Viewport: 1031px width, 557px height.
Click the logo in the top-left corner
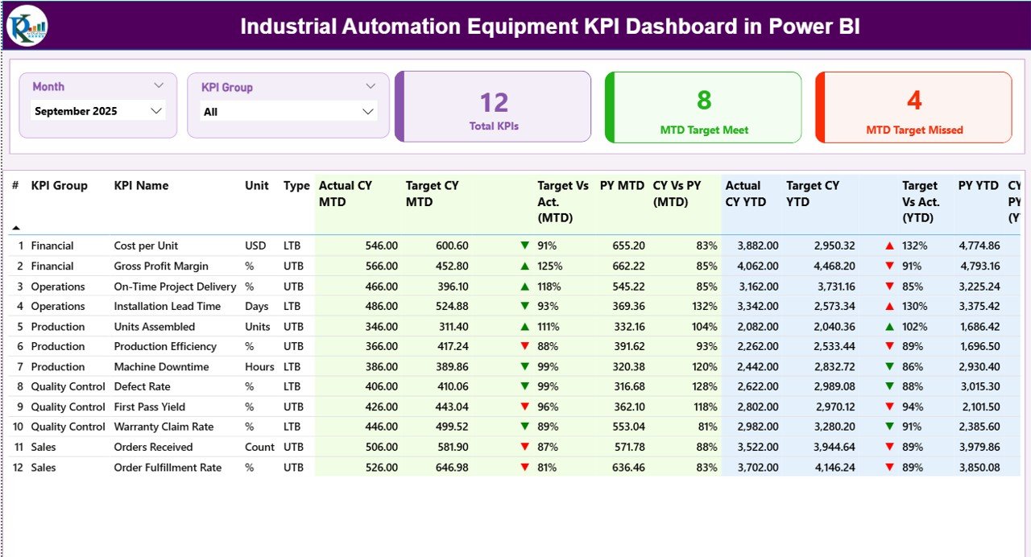click(27, 26)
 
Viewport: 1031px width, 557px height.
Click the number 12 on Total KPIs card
click(494, 102)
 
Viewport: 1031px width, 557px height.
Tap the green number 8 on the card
click(704, 100)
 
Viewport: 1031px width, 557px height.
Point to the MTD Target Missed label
click(914, 130)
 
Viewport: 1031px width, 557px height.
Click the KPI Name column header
click(141, 185)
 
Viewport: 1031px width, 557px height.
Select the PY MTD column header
click(622, 185)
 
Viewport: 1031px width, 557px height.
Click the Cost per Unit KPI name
click(146, 245)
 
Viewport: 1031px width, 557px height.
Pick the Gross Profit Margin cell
click(160, 266)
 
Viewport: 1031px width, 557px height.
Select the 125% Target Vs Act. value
click(550, 266)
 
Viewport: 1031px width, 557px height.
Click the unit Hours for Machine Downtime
click(259, 366)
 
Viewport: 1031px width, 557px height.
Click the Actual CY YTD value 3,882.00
click(756, 245)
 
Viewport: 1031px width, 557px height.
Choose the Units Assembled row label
click(154, 326)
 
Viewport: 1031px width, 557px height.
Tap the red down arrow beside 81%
click(525, 467)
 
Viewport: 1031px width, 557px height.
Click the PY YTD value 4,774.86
click(979, 245)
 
